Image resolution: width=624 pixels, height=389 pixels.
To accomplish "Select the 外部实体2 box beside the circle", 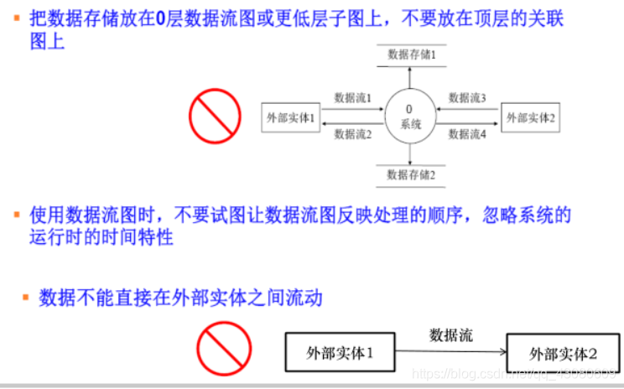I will (530, 117).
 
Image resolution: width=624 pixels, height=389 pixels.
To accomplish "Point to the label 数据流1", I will (352, 98).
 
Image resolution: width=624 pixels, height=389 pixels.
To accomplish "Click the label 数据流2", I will (352, 134).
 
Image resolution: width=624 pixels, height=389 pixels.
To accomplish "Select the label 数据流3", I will (467, 98).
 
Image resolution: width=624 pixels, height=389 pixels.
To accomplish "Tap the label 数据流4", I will (467, 134).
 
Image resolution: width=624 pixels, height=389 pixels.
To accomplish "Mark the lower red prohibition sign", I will (224, 349).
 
